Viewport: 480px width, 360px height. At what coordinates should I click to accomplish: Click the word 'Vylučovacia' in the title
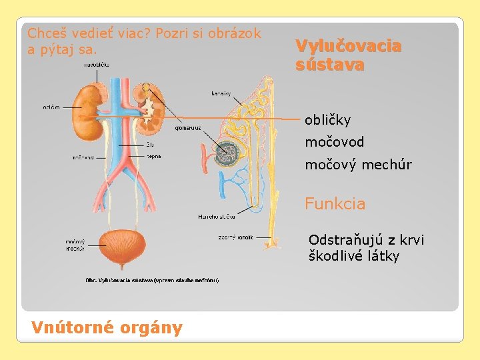(348, 47)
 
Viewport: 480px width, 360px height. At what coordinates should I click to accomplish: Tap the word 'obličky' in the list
(327, 121)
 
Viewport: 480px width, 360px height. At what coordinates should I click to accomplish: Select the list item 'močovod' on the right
(334, 143)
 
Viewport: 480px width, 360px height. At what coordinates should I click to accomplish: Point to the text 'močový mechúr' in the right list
(358, 165)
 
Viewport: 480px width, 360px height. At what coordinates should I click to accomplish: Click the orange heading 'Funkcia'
(335, 204)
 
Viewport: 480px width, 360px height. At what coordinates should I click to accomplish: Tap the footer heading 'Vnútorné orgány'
(107, 327)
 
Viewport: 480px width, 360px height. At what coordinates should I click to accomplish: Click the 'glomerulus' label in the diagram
(188, 128)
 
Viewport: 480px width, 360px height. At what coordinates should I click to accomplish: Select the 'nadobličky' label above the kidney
(97, 65)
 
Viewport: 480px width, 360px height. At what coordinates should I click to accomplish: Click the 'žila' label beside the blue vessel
(152, 144)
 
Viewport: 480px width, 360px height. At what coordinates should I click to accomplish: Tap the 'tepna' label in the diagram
(154, 157)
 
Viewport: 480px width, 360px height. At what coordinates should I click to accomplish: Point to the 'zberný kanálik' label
(235, 237)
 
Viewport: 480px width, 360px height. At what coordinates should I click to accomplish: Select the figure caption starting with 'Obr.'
(153, 280)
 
